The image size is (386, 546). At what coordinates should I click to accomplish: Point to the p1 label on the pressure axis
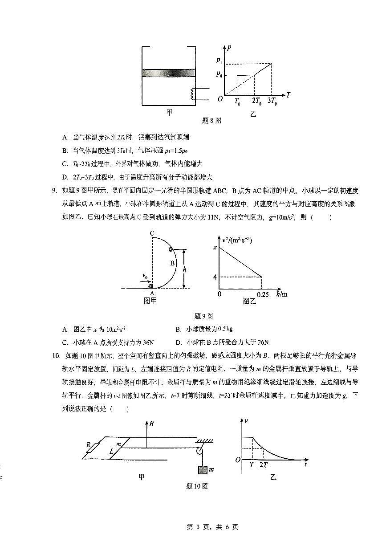pyautogui.click(x=219, y=60)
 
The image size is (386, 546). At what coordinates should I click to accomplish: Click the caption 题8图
pyautogui.click(x=211, y=120)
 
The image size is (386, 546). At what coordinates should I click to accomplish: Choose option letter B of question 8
pyautogui.click(x=65, y=150)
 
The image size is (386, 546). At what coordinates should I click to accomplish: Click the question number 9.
pyautogui.click(x=55, y=191)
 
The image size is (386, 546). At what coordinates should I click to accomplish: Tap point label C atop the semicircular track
pyautogui.click(x=152, y=233)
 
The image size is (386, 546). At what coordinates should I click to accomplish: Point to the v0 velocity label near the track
pyautogui.click(x=145, y=276)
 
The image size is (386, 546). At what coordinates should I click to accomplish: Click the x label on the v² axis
pyautogui.click(x=215, y=247)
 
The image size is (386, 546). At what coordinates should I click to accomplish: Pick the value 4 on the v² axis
pyautogui.click(x=215, y=277)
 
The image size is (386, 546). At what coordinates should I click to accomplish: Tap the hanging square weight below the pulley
pyautogui.click(x=201, y=470)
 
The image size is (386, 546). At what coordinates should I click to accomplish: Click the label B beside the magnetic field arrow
pyautogui.click(x=152, y=424)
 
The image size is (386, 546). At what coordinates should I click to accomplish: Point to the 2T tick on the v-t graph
pyautogui.click(x=264, y=464)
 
